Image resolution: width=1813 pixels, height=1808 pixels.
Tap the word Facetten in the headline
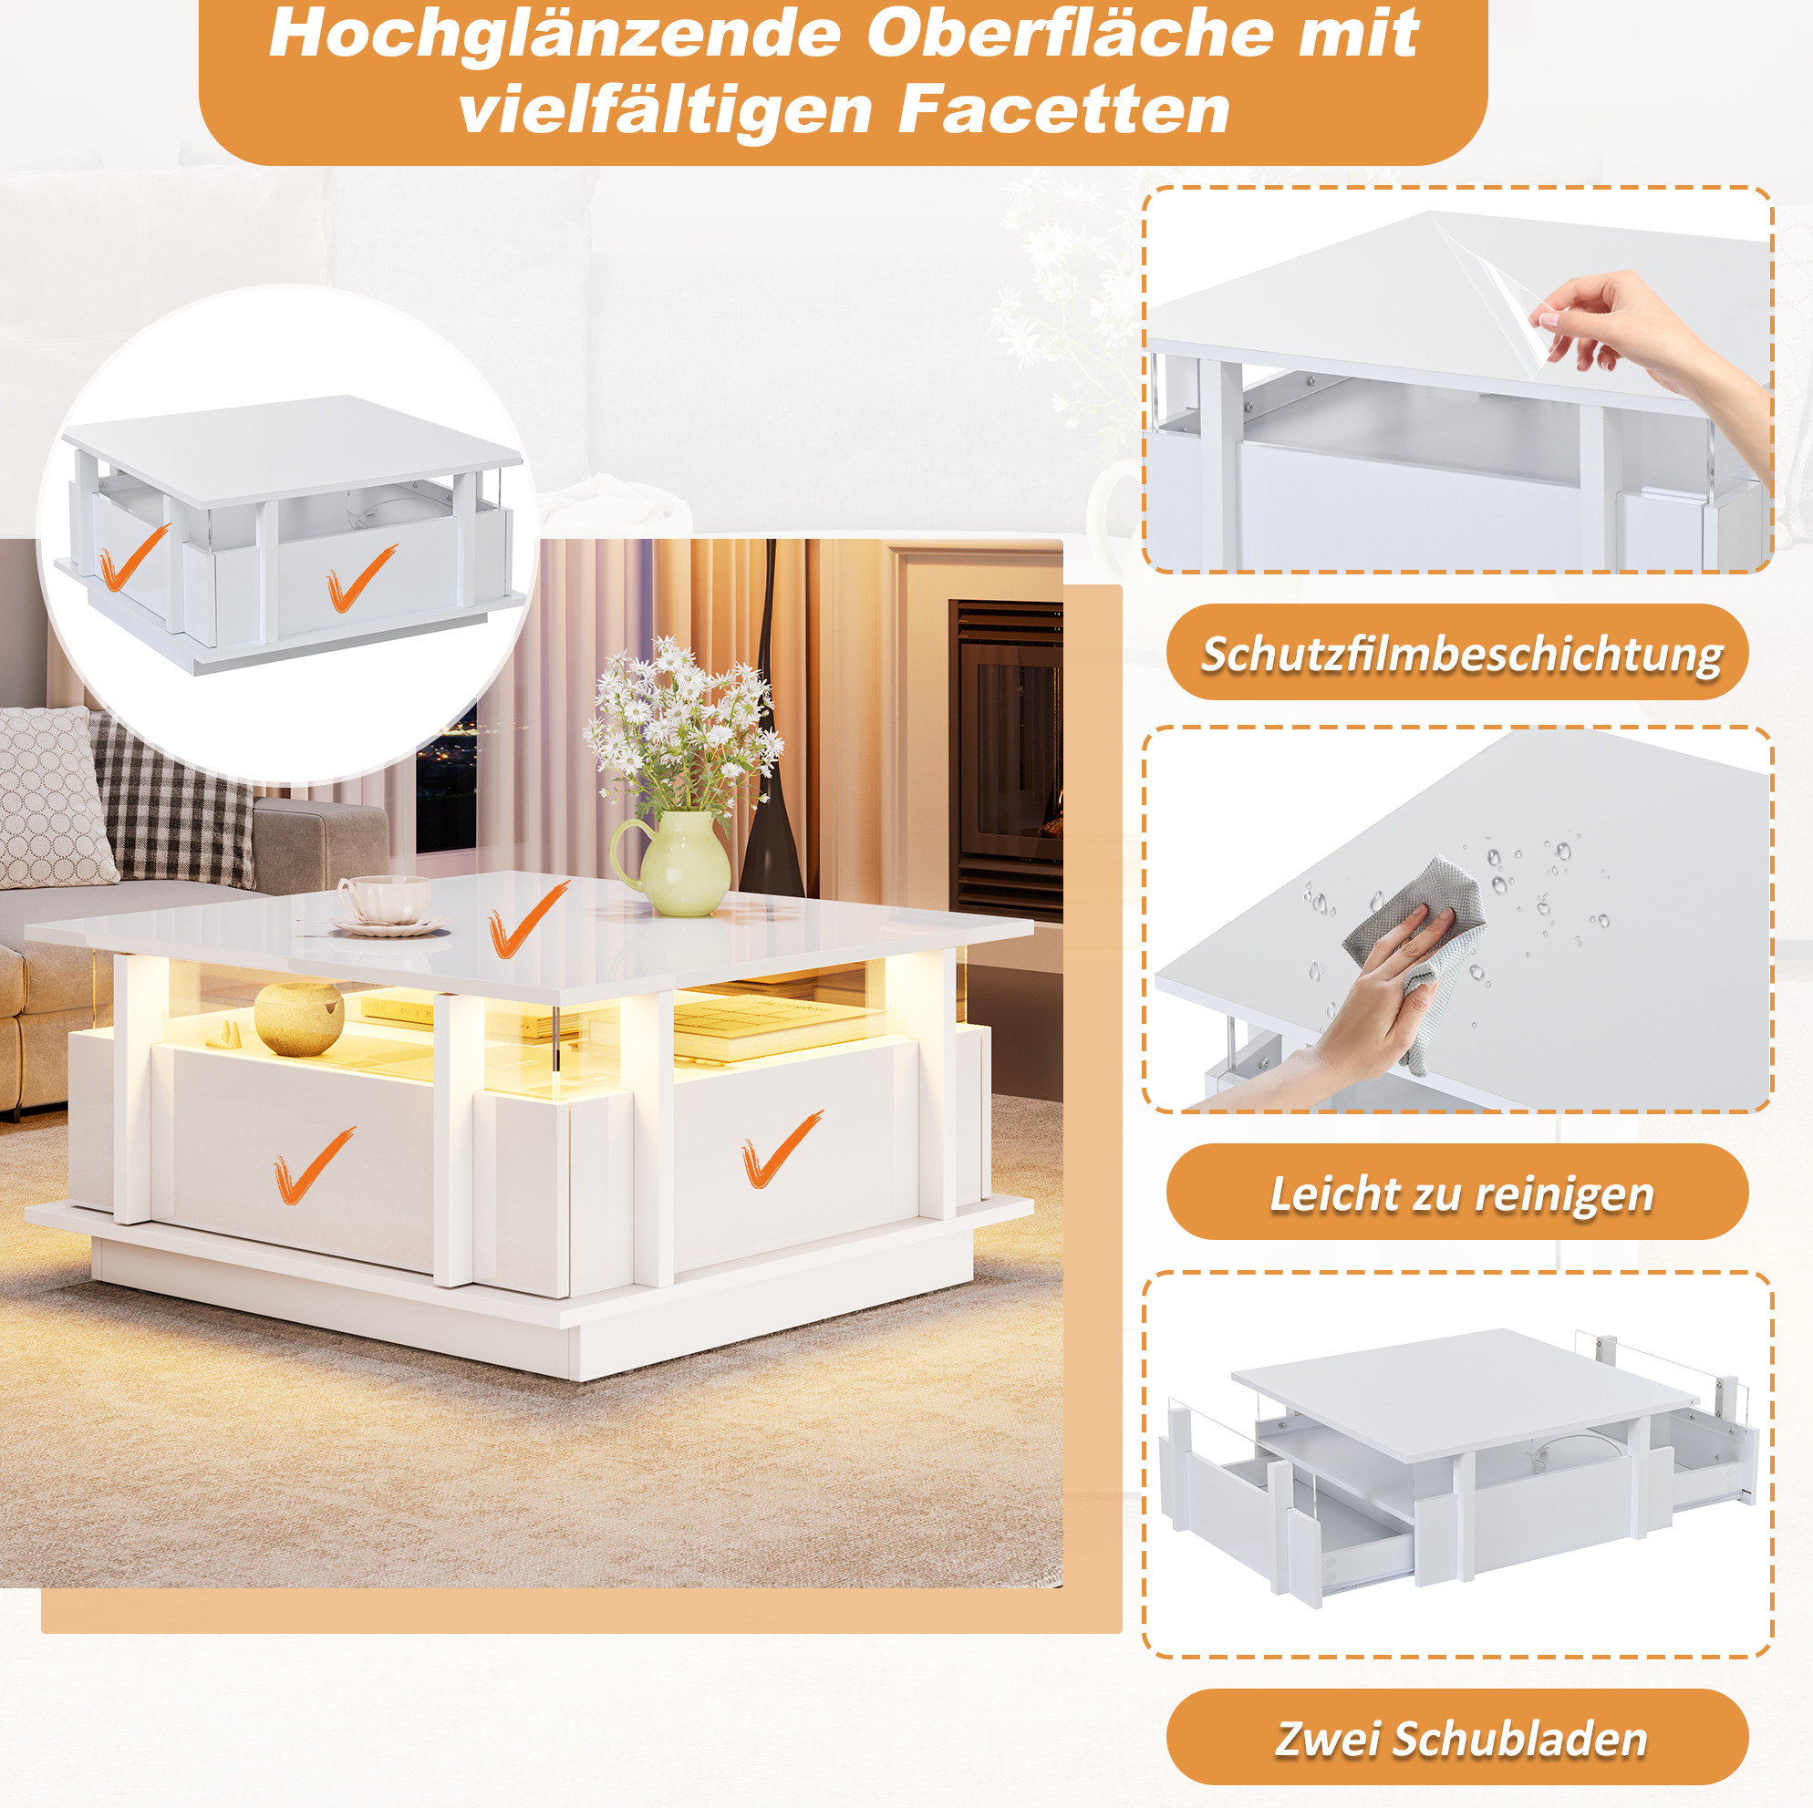tap(1063, 109)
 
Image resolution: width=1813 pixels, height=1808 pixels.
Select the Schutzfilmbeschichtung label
tap(1461, 654)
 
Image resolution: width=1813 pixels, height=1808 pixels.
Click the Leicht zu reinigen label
tap(1461, 1194)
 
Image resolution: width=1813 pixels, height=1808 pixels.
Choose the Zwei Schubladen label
tap(1461, 1738)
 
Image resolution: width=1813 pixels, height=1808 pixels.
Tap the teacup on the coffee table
tap(385, 900)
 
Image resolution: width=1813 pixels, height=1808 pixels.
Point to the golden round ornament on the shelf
tap(299, 1018)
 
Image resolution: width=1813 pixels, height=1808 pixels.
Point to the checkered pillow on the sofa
tap(173, 802)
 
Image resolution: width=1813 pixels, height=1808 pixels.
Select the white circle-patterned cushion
tap(52, 798)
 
